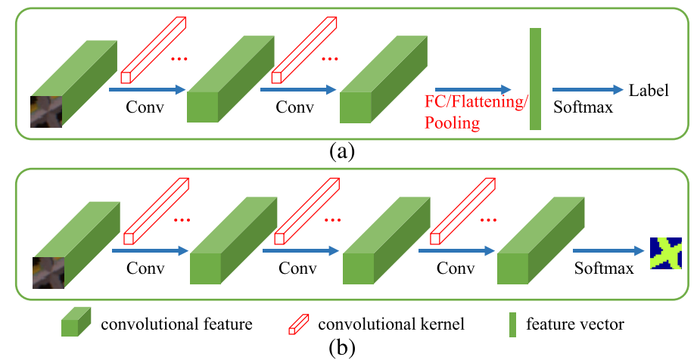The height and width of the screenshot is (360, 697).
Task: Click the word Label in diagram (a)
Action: pyautogui.click(x=649, y=91)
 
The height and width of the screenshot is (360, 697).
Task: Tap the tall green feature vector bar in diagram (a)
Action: pyautogui.click(x=535, y=79)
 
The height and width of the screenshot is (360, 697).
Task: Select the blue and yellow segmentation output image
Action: pyautogui.click(x=666, y=253)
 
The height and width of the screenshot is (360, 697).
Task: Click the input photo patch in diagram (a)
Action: pyautogui.click(x=45, y=111)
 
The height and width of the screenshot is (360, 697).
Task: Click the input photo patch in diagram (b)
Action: pyautogui.click(x=47, y=272)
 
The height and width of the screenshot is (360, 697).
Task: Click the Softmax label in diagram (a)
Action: pyautogui.click(x=583, y=108)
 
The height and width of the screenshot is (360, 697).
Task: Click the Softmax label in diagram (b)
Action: pyautogui.click(x=603, y=268)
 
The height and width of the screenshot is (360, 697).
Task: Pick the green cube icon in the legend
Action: pyautogui.click(x=76, y=323)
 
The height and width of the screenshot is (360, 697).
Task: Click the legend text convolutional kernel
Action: pyautogui.click(x=391, y=324)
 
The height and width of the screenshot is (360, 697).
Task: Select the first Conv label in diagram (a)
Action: pyautogui.click(x=145, y=107)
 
